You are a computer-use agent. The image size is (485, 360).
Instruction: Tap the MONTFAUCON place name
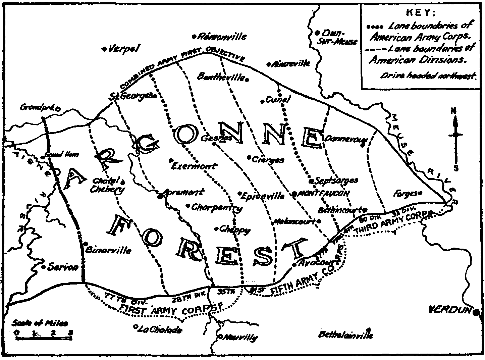(324, 193)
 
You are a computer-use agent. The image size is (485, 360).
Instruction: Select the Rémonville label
(222, 36)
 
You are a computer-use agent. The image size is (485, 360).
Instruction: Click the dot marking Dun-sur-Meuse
(317, 33)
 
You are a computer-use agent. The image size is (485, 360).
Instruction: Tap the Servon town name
(63, 267)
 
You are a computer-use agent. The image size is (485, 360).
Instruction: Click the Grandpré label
(37, 108)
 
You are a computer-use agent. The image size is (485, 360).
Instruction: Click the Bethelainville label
(345, 335)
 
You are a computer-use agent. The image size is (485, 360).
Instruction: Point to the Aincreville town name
(291, 63)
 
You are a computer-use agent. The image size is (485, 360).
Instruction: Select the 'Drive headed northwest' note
(428, 76)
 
